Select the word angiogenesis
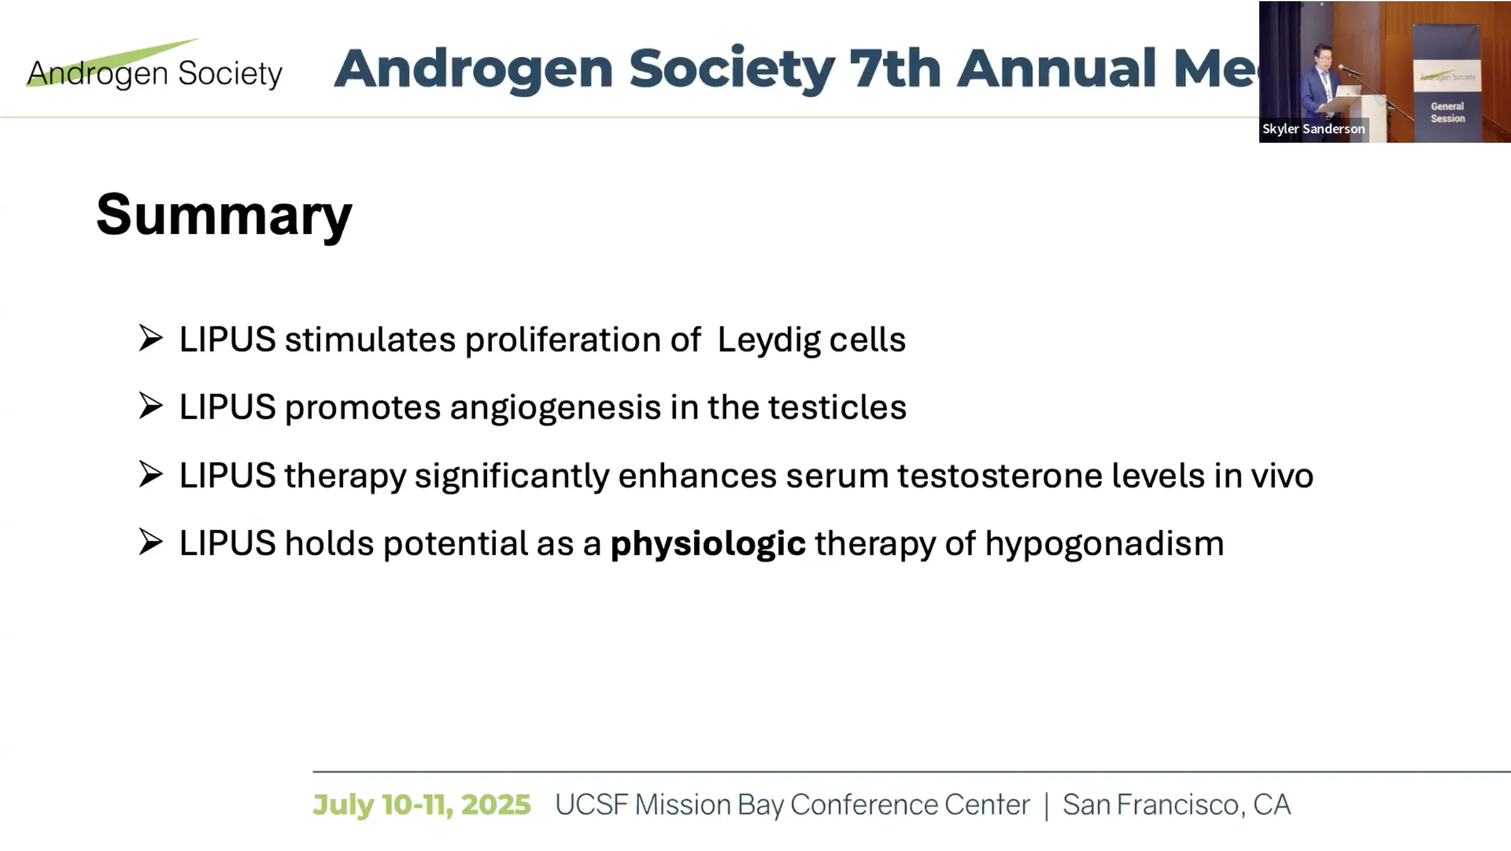(555, 408)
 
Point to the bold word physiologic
(708, 544)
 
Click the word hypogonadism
(1104, 544)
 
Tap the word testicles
(837, 407)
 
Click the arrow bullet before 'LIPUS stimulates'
(151, 338)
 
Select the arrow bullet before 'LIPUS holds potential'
(151, 542)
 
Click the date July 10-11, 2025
(421, 805)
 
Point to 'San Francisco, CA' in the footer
(1176, 805)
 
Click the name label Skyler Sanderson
(1313, 129)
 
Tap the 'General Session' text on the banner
(1447, 113)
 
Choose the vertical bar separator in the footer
(1046, 806)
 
